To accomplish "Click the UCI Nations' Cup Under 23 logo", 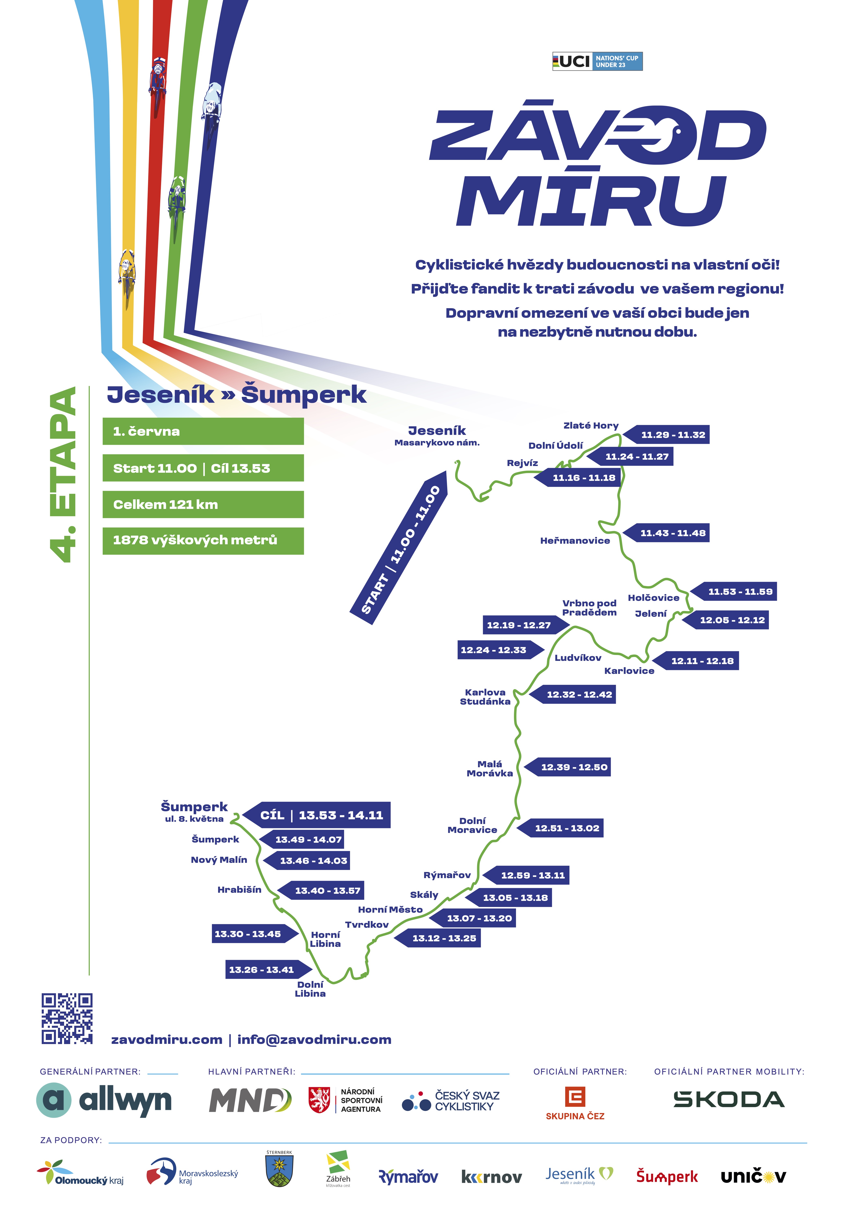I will [x=597, y=62].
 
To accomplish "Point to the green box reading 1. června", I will [x=203, y=431].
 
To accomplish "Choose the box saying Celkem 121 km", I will [x=203, y=505].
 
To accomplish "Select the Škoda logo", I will [x=729, y=1100].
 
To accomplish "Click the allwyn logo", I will [x=104, y=1100].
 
